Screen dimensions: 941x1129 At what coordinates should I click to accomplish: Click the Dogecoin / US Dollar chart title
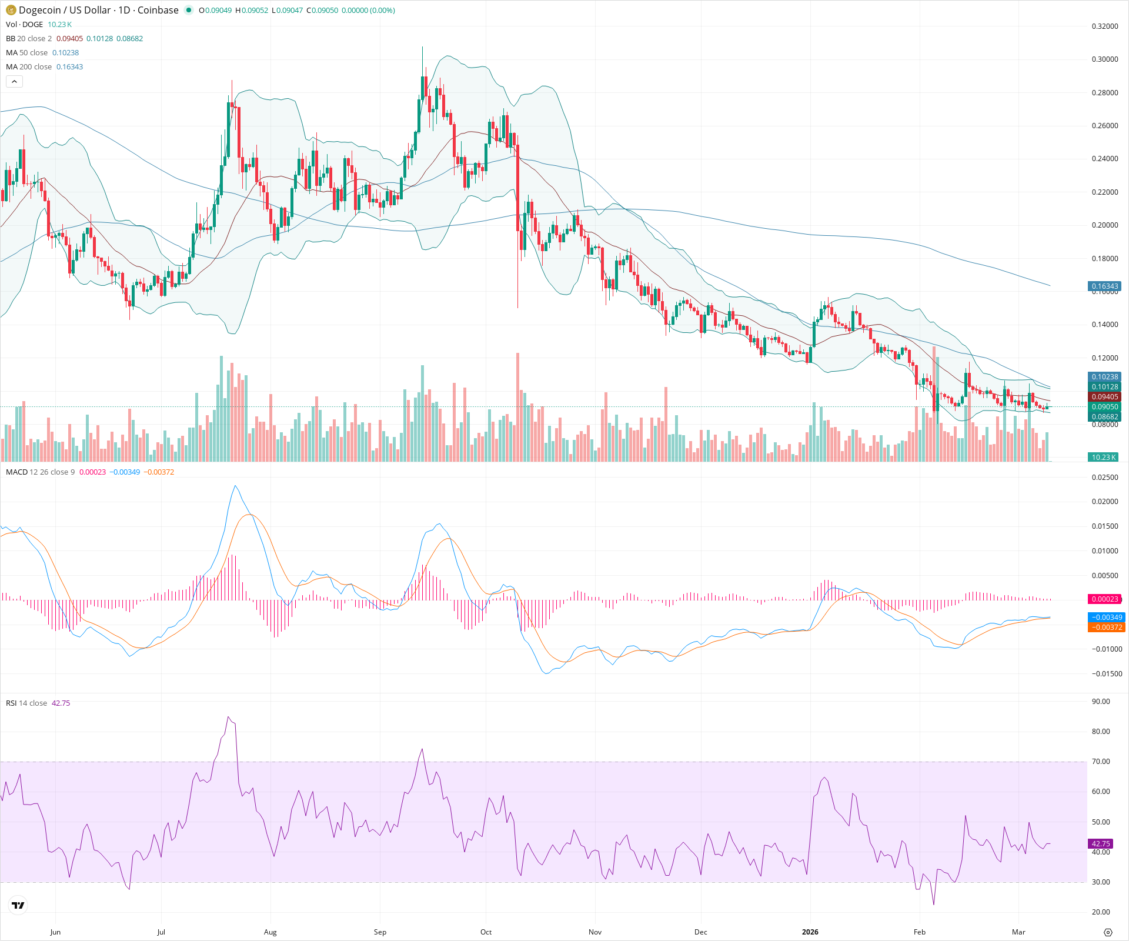98,10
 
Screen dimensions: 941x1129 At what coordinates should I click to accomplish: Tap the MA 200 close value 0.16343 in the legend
69,67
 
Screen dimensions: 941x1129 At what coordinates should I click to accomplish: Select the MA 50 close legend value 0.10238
65,53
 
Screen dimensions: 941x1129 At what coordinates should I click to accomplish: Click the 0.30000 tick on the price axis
1104,59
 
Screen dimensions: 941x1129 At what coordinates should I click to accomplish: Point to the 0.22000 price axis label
1104,192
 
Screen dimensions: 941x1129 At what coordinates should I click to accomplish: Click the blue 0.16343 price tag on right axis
1104,286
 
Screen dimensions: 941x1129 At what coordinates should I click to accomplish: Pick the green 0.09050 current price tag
1104,407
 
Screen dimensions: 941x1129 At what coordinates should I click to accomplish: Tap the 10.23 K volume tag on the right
1103,457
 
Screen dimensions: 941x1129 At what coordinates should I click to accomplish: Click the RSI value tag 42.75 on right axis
1100,843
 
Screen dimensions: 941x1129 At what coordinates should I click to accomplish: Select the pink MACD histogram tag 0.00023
1104,599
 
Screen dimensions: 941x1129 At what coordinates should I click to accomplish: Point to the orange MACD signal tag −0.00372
1105,628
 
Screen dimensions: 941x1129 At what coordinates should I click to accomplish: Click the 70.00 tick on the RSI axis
1100,762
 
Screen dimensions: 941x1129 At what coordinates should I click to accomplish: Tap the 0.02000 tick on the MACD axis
1104,502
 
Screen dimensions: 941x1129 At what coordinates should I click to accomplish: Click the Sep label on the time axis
380,932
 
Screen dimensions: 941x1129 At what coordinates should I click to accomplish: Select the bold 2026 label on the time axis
810,932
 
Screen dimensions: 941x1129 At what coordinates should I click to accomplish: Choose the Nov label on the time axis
595,932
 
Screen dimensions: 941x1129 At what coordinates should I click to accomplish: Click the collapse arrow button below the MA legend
14,82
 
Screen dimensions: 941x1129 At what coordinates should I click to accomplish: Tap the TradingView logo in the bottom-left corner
18,905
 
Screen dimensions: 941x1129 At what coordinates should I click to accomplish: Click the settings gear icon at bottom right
1108,932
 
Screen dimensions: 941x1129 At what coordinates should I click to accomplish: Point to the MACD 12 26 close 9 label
40,472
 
